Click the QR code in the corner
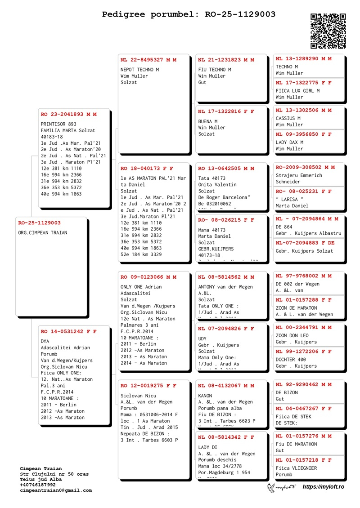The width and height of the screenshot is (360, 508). [x=328, y=31]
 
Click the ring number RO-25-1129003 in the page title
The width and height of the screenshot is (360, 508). [x=240, y=14]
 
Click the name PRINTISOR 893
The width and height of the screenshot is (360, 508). [x=58, y=124]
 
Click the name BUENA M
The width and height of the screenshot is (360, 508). [x=208, y=121]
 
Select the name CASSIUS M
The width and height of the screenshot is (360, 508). [x=288, y=118]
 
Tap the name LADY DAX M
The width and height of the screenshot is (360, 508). [x=289, y=142]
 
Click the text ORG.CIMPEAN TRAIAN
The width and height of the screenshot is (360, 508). [x=43, y=232]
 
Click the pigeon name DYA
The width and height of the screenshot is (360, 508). [x=45, y=341]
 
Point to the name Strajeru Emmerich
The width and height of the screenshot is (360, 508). [x=299, y=175]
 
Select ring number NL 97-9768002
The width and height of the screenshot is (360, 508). [x=297, y=276]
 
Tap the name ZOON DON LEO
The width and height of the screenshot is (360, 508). [x=292, y=335]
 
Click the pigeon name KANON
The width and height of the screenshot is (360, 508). [x=205, y=396]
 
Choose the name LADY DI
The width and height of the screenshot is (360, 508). [x=207, y=447]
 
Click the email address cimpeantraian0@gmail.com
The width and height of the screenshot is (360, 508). [x=56, y=490]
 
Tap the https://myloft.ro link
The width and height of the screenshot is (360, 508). [x=323, y=487]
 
